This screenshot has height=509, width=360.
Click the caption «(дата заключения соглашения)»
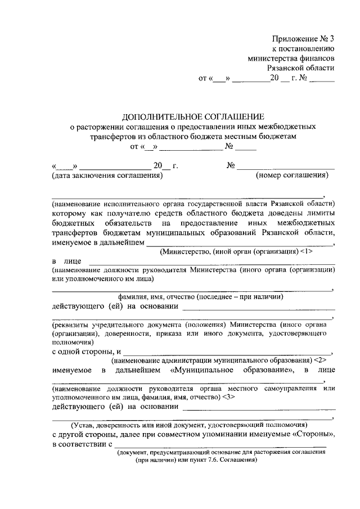pos(107,175)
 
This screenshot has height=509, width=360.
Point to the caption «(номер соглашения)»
pos(292,175)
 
